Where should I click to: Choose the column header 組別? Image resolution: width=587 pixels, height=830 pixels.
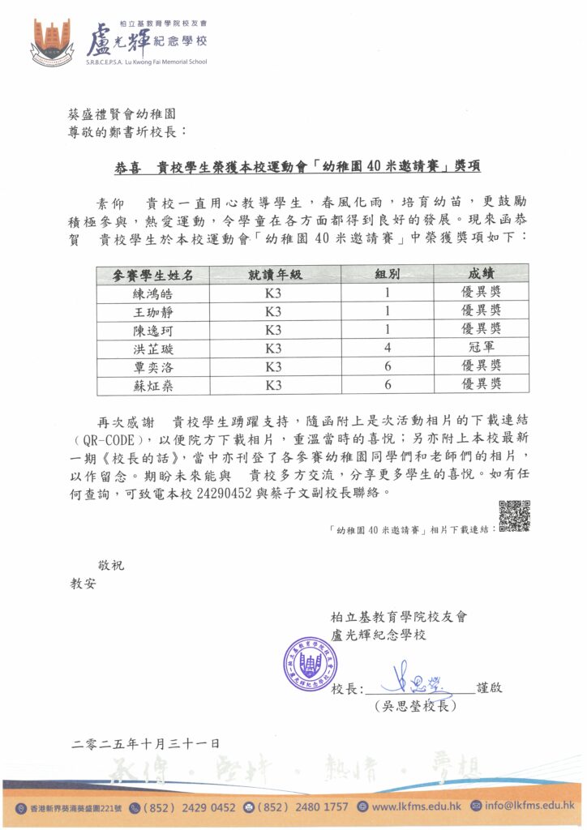(x=386, y=274)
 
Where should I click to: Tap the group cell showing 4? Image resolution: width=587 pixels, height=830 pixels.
(x=387, y=349)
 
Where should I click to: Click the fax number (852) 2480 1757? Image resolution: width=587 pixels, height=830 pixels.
(x=302, y=807)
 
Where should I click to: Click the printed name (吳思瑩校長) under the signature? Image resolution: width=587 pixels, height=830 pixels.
(x=415, y=707)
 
